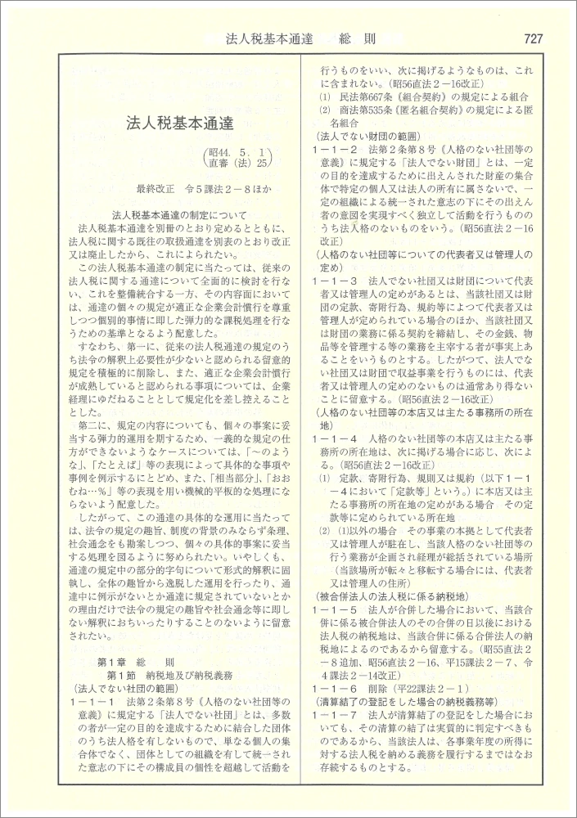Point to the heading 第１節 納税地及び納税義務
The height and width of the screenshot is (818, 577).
coord(165,675)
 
